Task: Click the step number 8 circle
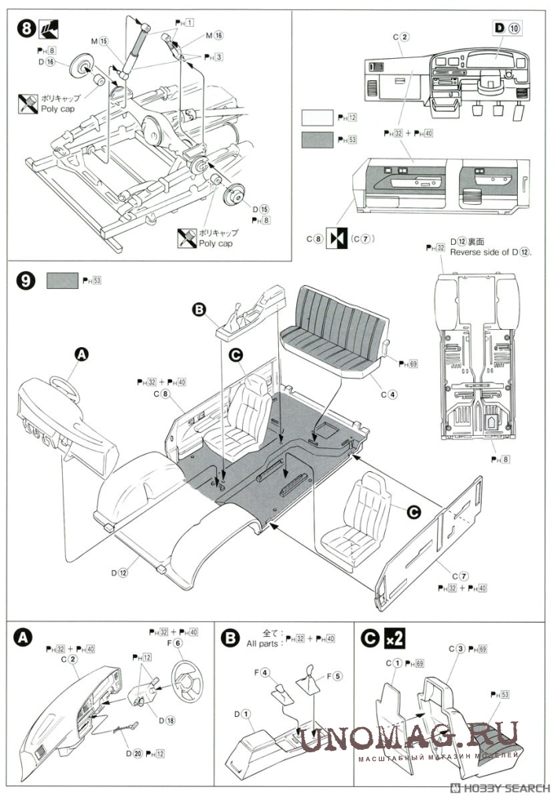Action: tap(27, 30)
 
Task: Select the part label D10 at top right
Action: tap(507, 29)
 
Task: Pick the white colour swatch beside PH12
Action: tap(318, 117)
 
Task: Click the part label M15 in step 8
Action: tap(98, 40)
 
